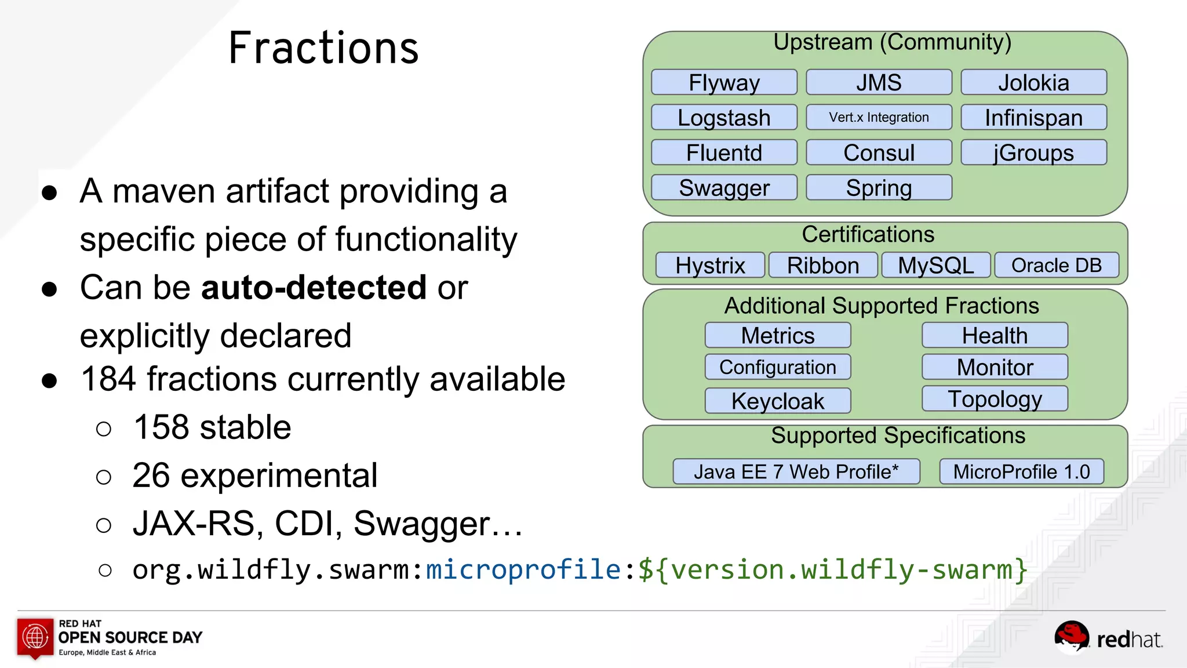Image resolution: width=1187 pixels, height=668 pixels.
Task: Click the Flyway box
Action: [x=724, y=82]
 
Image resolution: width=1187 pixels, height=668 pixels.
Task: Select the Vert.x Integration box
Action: [x=879, y=117]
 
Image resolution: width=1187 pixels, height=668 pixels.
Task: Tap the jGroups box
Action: [x=1033, y=153]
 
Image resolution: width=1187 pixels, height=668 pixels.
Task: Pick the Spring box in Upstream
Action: [x=879, y=188]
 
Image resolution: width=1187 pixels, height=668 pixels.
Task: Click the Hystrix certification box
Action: [x=710, y=265]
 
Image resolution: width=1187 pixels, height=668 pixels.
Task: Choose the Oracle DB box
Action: [x=1056, y=265]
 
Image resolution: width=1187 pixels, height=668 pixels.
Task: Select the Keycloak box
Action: [x=777, y=401]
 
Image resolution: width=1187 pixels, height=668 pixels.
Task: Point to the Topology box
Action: [x=995, y=399]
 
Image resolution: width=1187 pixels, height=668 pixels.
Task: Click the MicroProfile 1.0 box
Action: [x=1021, y=471]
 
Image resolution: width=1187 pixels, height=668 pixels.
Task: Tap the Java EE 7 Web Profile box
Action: [x=796, y=471]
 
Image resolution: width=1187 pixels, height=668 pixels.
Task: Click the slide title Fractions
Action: [x=323, y=48]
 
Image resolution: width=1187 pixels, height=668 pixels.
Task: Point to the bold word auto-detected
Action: [x=314, y=287]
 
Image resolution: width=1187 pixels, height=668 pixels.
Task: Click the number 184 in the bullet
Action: [x=109, y=379]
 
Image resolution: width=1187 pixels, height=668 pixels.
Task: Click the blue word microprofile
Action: [x=523, y=569]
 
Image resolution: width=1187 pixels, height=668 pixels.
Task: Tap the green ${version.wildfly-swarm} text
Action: [x=833, y=569]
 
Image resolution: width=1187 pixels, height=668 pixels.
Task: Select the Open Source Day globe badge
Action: [x=35, y=637]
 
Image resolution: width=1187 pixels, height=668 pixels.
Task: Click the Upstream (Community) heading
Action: [x=892, y=42]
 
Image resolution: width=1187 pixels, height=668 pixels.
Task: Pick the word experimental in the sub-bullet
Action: [x=279, y=475]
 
